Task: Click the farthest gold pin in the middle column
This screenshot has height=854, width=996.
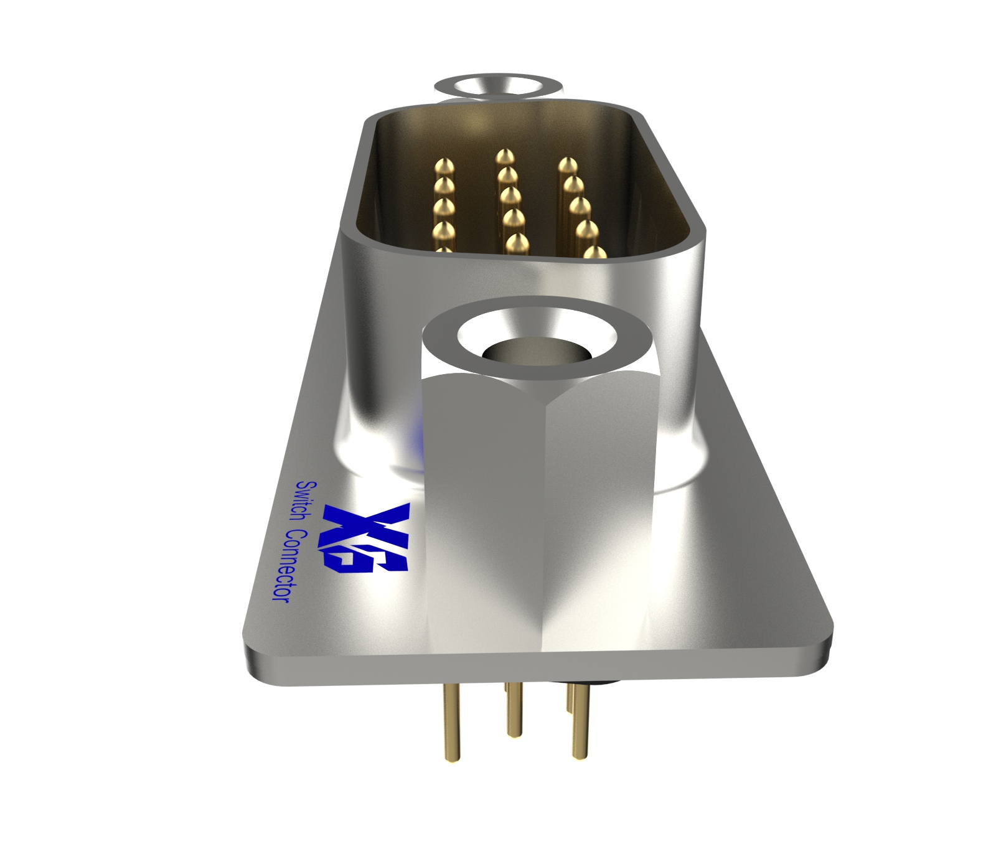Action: pyautogui.click(x=505, y=155)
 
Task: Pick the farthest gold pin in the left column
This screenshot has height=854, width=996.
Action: pyautogui.click(x=444, y=167)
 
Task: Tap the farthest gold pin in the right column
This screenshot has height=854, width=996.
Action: pyautogui.click(x=567, y=166)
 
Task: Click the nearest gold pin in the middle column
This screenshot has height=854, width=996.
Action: pyautogui.click(x=517, y=243)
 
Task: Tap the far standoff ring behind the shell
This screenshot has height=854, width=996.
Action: pyautogui.click(x=498, y=87)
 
